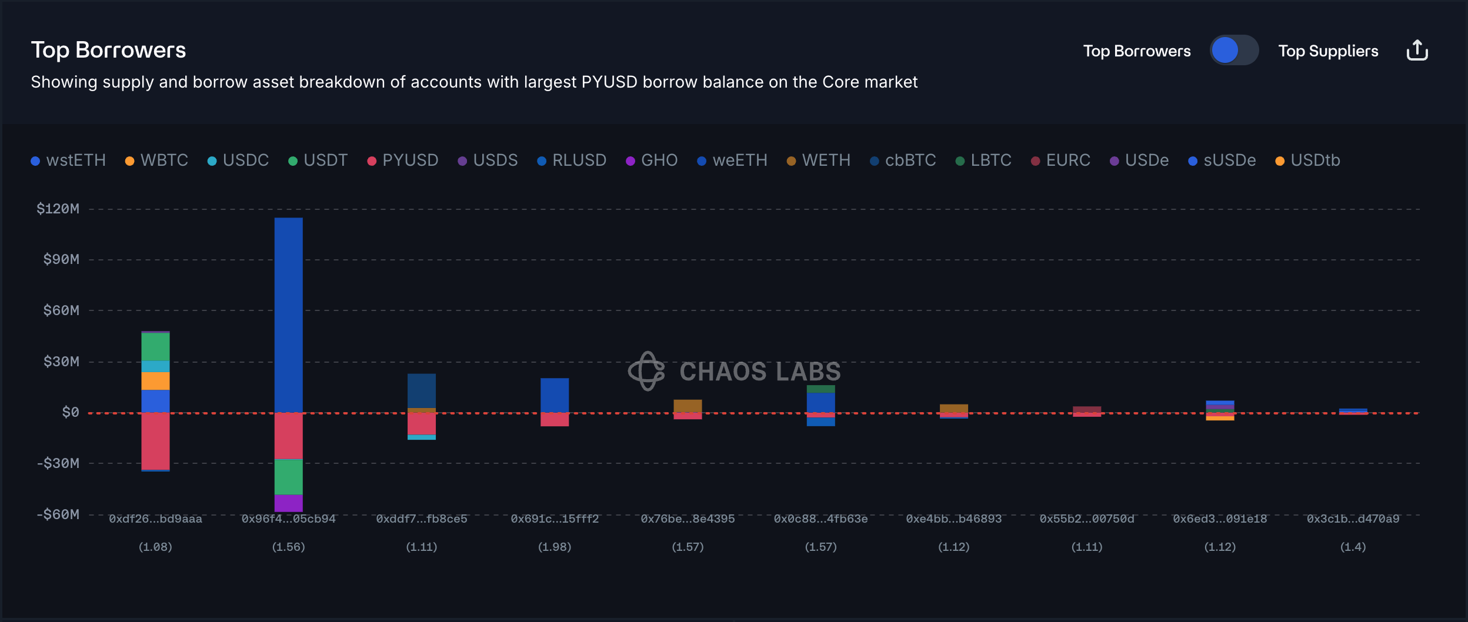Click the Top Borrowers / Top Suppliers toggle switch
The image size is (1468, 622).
pyautogui.click(x=1234, y=51)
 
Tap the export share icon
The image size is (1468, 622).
pyautogui.click(x=1417, y=51)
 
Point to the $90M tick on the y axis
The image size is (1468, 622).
pyautogui.click(x=61, y=259)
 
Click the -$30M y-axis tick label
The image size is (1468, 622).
pyautogui.click(x=58, y=463)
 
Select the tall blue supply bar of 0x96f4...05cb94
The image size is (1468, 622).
pyautogui.click(x=288, y=315)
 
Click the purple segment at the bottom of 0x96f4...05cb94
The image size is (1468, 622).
pyautogui.click(x=288, y=503)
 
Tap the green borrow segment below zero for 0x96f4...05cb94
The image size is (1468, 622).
pyautogui.click(x=288, y=477)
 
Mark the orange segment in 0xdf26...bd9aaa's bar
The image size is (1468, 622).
pyautogui.click(x=155, y=381)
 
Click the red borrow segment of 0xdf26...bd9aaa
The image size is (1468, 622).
pyautogui.click(x=155, y=441)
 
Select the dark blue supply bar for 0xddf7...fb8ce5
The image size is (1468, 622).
pyautogui.click(x=421, y=390)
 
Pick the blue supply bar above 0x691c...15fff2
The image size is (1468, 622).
pyautogui.click(x=554, y=395)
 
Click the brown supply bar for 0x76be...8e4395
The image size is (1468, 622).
pyautogui.click(x=688, y=406)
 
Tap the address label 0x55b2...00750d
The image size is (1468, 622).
pyautogui.click(x=1086, y=519)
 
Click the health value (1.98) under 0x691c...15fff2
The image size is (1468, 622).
pyautogui.click(x=554, y=547)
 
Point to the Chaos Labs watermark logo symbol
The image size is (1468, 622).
pyautogui.click(x=647, y=371)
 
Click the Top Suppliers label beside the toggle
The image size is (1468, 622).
pyautogui.click(x=1328, y=51)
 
